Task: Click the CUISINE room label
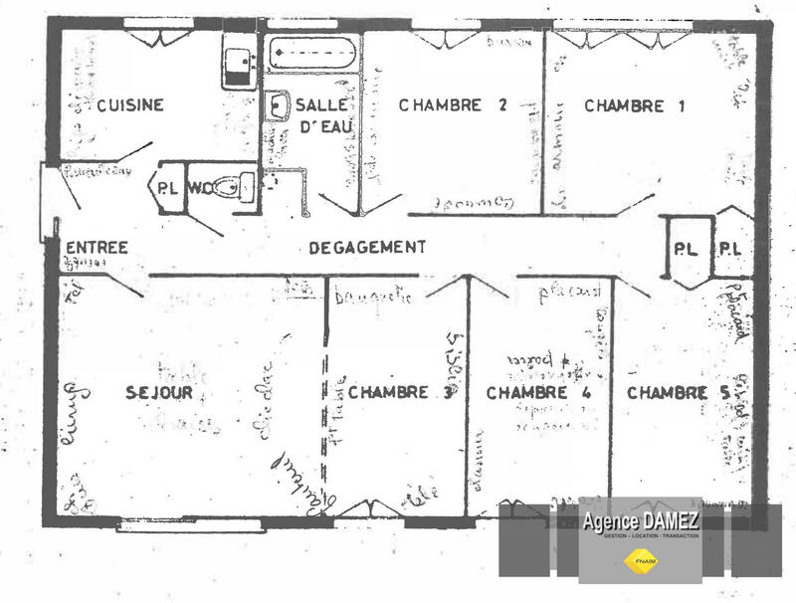tap(130, 105)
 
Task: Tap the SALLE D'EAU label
tap(320, 115)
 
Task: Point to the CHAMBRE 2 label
tap(440, 105)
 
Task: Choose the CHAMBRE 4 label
tap(538, 393)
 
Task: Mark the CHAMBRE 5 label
tap(679, 393)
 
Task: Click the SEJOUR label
tap(159, 393)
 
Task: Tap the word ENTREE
tap(97, 248)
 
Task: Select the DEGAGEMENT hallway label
tap(367, 247)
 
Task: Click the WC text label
tap(199, 186)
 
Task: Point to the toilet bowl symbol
tap(235, 186)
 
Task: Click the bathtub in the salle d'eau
tap(311, 52)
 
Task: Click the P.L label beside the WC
tap(166, 187)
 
